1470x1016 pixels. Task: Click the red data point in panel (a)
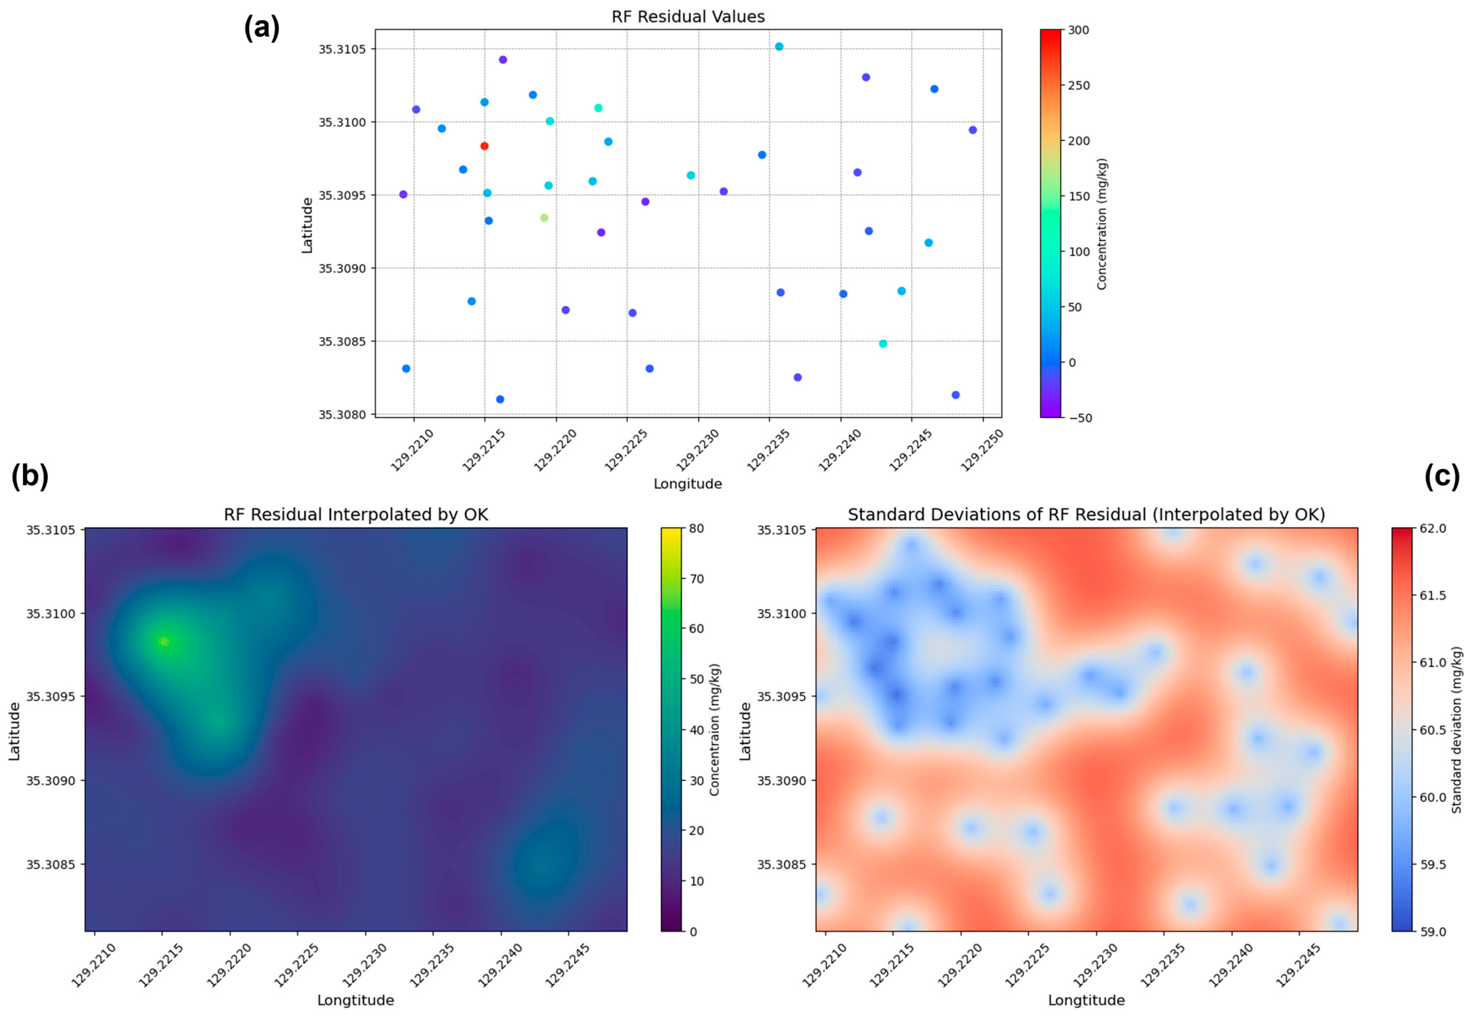coord(484,146)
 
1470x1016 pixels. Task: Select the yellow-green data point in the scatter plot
coord(544,218)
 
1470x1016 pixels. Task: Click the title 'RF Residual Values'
coord(688,17)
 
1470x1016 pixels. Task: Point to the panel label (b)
coord(29,476)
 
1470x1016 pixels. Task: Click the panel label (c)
coord(1442,476)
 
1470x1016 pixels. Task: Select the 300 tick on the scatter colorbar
coord(1078,30)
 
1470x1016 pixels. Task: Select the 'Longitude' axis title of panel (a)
coord(688,484)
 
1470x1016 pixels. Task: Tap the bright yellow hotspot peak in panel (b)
coord(164,642)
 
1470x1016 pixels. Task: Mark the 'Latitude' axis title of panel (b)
coord(14,731)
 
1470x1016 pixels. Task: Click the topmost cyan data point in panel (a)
coord(779,47)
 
